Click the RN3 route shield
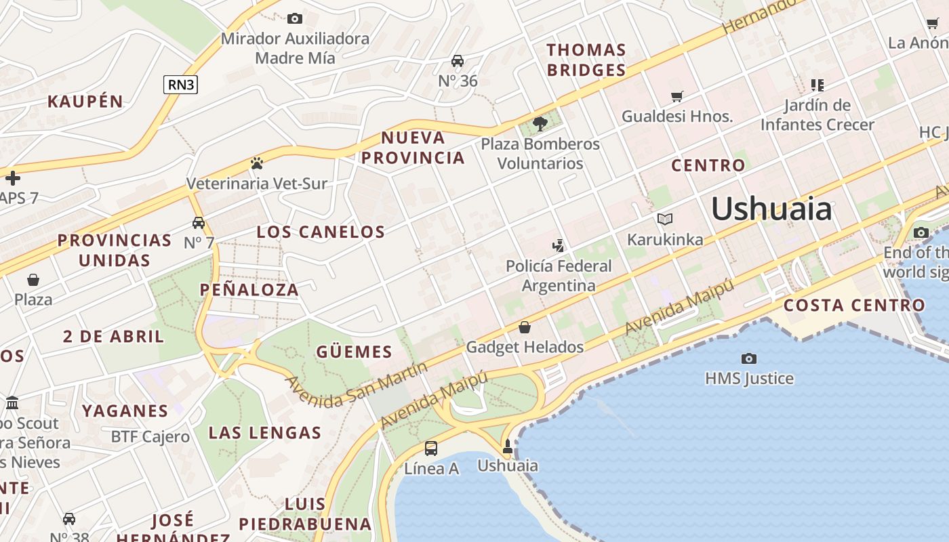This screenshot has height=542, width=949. coord(180,85)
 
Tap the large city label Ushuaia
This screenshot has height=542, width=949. coord(771,209)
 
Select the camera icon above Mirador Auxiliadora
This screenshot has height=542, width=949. coord(295,18)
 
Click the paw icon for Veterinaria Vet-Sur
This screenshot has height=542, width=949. coord(256,163)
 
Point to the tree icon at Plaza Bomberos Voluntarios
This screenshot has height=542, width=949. coord(540,123)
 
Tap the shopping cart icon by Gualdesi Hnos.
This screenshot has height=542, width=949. coord(677,96)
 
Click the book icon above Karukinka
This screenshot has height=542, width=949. coord(664,219)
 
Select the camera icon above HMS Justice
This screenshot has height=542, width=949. coord(749,358)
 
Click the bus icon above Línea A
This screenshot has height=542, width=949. coord(431,448)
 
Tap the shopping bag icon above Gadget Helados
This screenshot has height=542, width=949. coord(524,328)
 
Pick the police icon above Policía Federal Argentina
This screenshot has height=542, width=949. coord(559,245)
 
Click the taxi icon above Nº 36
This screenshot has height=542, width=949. coord(458,61)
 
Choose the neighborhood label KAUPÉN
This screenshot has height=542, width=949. coord(85,102)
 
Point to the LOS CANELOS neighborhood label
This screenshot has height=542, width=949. coord(321,232)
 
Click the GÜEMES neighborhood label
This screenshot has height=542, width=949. coord(354,352)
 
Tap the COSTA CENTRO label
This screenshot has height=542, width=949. coord(854,305)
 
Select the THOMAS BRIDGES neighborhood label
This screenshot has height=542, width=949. coord(586,60)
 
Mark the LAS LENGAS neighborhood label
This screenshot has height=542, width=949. coord(264,432)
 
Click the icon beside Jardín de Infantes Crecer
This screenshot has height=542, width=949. coord(817,85)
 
